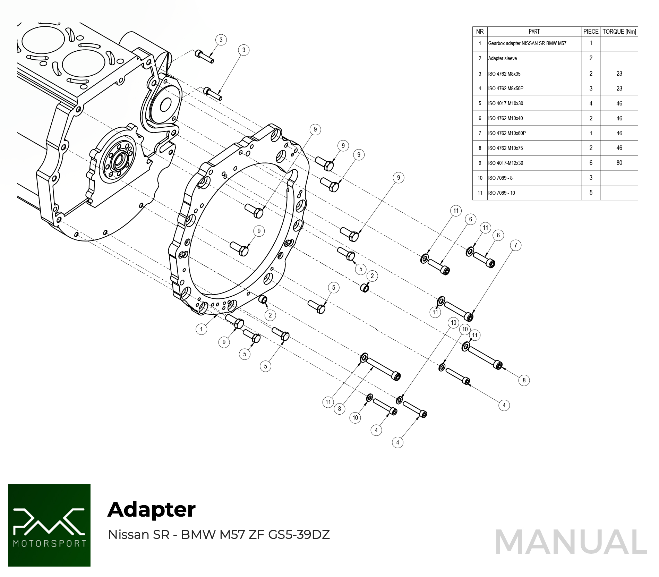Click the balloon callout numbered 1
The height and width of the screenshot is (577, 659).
click(201, 329)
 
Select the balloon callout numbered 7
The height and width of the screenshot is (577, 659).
click(515, 245)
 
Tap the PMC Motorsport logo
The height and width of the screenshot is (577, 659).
click(49, 525)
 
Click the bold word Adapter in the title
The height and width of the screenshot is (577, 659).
click(152, 509)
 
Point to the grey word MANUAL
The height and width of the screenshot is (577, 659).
click(571, 542)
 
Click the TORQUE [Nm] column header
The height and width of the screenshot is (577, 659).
click(619, 32)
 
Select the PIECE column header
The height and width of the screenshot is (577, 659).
click(591, 32)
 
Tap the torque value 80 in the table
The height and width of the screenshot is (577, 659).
click(619, 163)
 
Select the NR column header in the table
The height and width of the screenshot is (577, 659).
click(480, 32)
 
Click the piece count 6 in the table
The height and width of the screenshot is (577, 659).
click(591, 163)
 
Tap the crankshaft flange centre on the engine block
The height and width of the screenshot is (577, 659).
click(118, 161)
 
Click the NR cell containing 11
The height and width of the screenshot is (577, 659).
click(480, 193)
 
